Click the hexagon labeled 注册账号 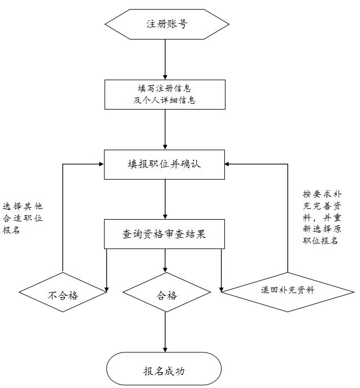(167, 24)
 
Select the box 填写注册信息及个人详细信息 (165, 94)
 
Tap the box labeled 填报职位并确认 (164, 164)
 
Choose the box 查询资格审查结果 (164, 234)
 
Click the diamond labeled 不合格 (63, 292)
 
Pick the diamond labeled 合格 (167, 292)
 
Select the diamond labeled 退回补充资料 (288, 292)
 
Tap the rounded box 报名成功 (164, 369)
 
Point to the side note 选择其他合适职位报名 (23, 218)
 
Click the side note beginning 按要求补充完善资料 (322, 217)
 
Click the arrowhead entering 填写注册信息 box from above (165, 77)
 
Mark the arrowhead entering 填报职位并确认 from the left (101, 164)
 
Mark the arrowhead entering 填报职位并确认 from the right (228, 164)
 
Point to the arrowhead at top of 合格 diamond (165, 270)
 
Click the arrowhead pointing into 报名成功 (165, 350)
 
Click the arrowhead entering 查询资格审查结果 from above (165, 216)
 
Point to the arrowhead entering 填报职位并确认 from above (165, 147)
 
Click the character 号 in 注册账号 (183, 24)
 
